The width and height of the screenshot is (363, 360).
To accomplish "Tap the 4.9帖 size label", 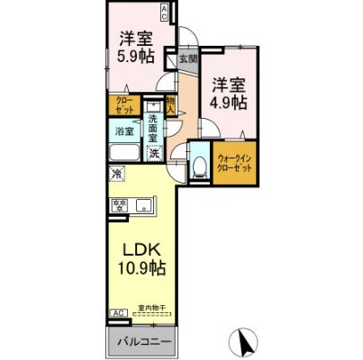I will (229, 103).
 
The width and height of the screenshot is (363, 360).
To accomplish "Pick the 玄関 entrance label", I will (186, 59).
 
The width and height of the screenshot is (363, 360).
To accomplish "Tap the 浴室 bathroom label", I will (123, 132).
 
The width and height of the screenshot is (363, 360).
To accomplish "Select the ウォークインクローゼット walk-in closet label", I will (233, 163).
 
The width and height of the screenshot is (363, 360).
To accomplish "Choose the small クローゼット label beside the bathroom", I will (123, 104).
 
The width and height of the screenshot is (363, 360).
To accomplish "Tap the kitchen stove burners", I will (119, 206).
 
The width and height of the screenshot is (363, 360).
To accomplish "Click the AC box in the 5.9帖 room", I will (164, 11).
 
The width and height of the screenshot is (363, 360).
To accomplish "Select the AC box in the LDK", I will (117, 312).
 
